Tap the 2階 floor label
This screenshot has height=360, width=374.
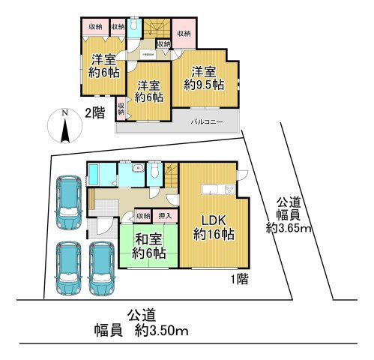(x=94, y=113)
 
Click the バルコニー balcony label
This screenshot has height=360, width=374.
(x=205, y=121)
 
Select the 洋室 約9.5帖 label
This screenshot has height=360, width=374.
(x=203, y=79)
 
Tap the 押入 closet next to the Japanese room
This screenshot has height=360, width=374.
(x=167, y=217)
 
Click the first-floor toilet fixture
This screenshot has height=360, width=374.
(x=154, y=172)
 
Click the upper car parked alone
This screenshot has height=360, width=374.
(x=70, y=202)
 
